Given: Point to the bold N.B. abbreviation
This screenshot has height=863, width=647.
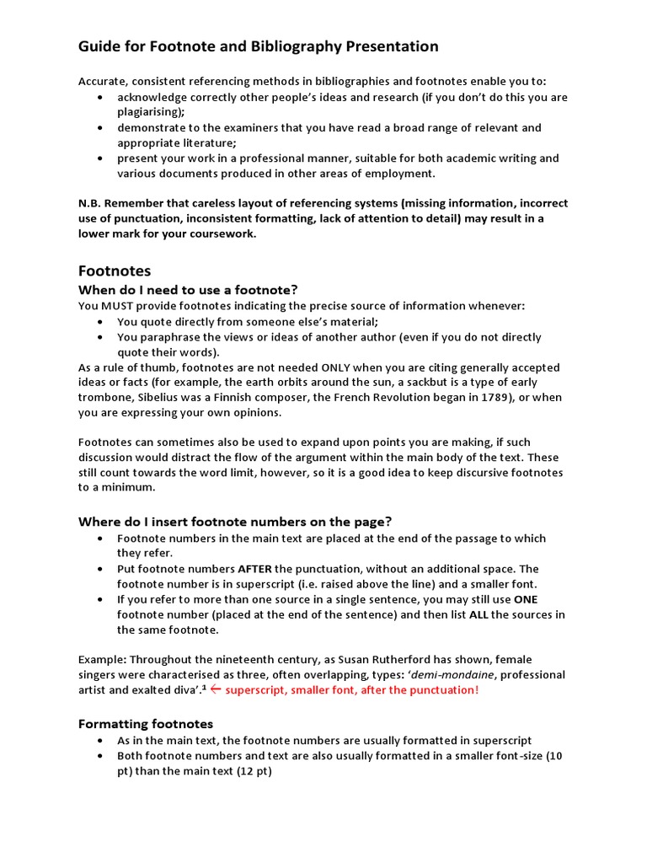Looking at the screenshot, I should point(90,203).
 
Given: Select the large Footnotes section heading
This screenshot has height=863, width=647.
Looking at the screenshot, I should point(115,271).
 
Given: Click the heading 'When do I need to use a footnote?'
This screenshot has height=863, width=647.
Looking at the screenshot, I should point(189,290).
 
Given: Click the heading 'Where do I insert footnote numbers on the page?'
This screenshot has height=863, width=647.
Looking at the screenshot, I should point(235,521).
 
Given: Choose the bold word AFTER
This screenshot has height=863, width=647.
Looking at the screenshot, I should point(254,569).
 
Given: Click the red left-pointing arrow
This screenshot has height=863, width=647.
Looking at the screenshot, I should point(216,690).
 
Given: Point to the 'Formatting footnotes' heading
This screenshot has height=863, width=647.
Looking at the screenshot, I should point(146,723).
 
